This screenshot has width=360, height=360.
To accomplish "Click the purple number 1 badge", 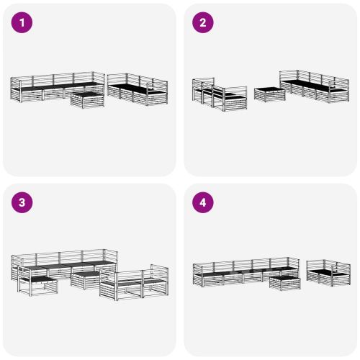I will pyautogui.click(x=22, y=22).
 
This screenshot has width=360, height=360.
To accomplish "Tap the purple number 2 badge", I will pyautogui.click(x=202, y=22).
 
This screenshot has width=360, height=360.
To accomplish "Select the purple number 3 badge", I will pyautogui.click(x=22, y=202).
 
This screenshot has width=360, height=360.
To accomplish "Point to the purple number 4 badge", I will pyautogui.click(x=202, y=202).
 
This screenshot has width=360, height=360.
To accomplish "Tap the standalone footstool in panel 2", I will pyautogui.click(x=269, y=94).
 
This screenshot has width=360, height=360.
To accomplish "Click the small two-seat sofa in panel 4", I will pyautogui.click(x=328, y=272).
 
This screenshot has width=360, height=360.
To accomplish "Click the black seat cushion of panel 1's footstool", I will pyautogui.click(x=88, y=93).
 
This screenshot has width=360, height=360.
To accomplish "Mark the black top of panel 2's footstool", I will pyautogui.click(x=269, y=89).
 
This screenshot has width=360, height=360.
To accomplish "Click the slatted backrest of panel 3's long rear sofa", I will pyautogui.click(x=65, y=257).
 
